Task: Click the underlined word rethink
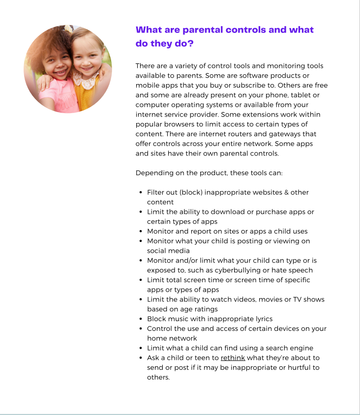click(x=233, y=358)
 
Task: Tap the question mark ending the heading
click(x=190, y=43)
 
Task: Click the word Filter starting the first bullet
click(x=156, y=192)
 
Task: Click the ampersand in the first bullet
click(x=286, y=192)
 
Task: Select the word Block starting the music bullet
click(x=156, y=319)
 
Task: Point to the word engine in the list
click(x=302, y=348)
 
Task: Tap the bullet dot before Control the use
click(x=141, y=328)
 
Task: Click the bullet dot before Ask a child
click(x=141, y=358)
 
